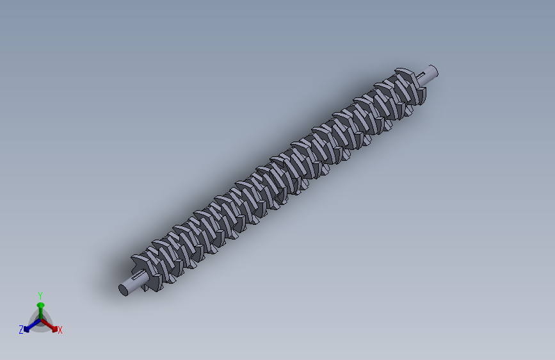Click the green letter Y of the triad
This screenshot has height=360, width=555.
pos(40,295)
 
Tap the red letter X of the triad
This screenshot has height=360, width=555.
pos(60,331)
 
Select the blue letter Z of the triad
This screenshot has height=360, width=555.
pos(21,330)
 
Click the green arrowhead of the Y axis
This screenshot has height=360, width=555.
pos(41,306)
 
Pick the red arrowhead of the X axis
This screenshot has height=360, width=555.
pos(54,329)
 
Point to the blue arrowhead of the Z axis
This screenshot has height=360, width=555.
pos(26,329)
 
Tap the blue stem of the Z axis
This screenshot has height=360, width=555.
pos(35,324)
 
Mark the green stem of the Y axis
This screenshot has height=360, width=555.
pos(41,313)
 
